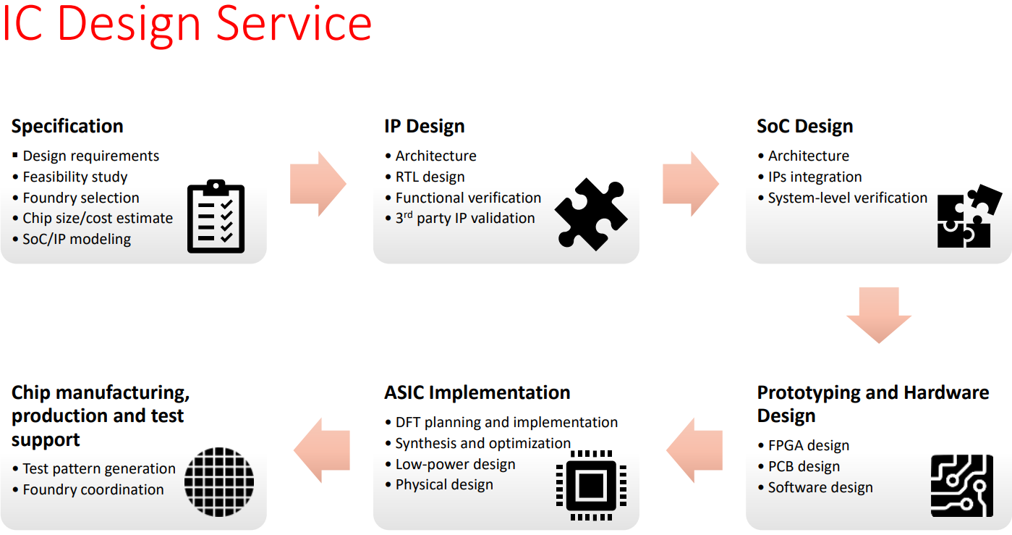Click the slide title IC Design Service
[187, 23]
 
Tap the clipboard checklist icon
[216, 216]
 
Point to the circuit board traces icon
[961, 486]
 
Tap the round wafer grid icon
[219, 481]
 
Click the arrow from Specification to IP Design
[318, 184]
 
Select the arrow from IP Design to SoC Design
[691, 184]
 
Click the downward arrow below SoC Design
[879, 316]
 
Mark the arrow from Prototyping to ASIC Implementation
[694, 450]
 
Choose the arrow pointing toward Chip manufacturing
[322, 450]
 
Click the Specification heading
[67, 126]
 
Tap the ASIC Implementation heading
[477, 392]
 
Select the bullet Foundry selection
[80, 198]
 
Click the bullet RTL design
[430, 177]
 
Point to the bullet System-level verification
[847, 198]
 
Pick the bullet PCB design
[804, 466]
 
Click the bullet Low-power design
[455, 464]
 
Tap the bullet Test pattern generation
[98, 468]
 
